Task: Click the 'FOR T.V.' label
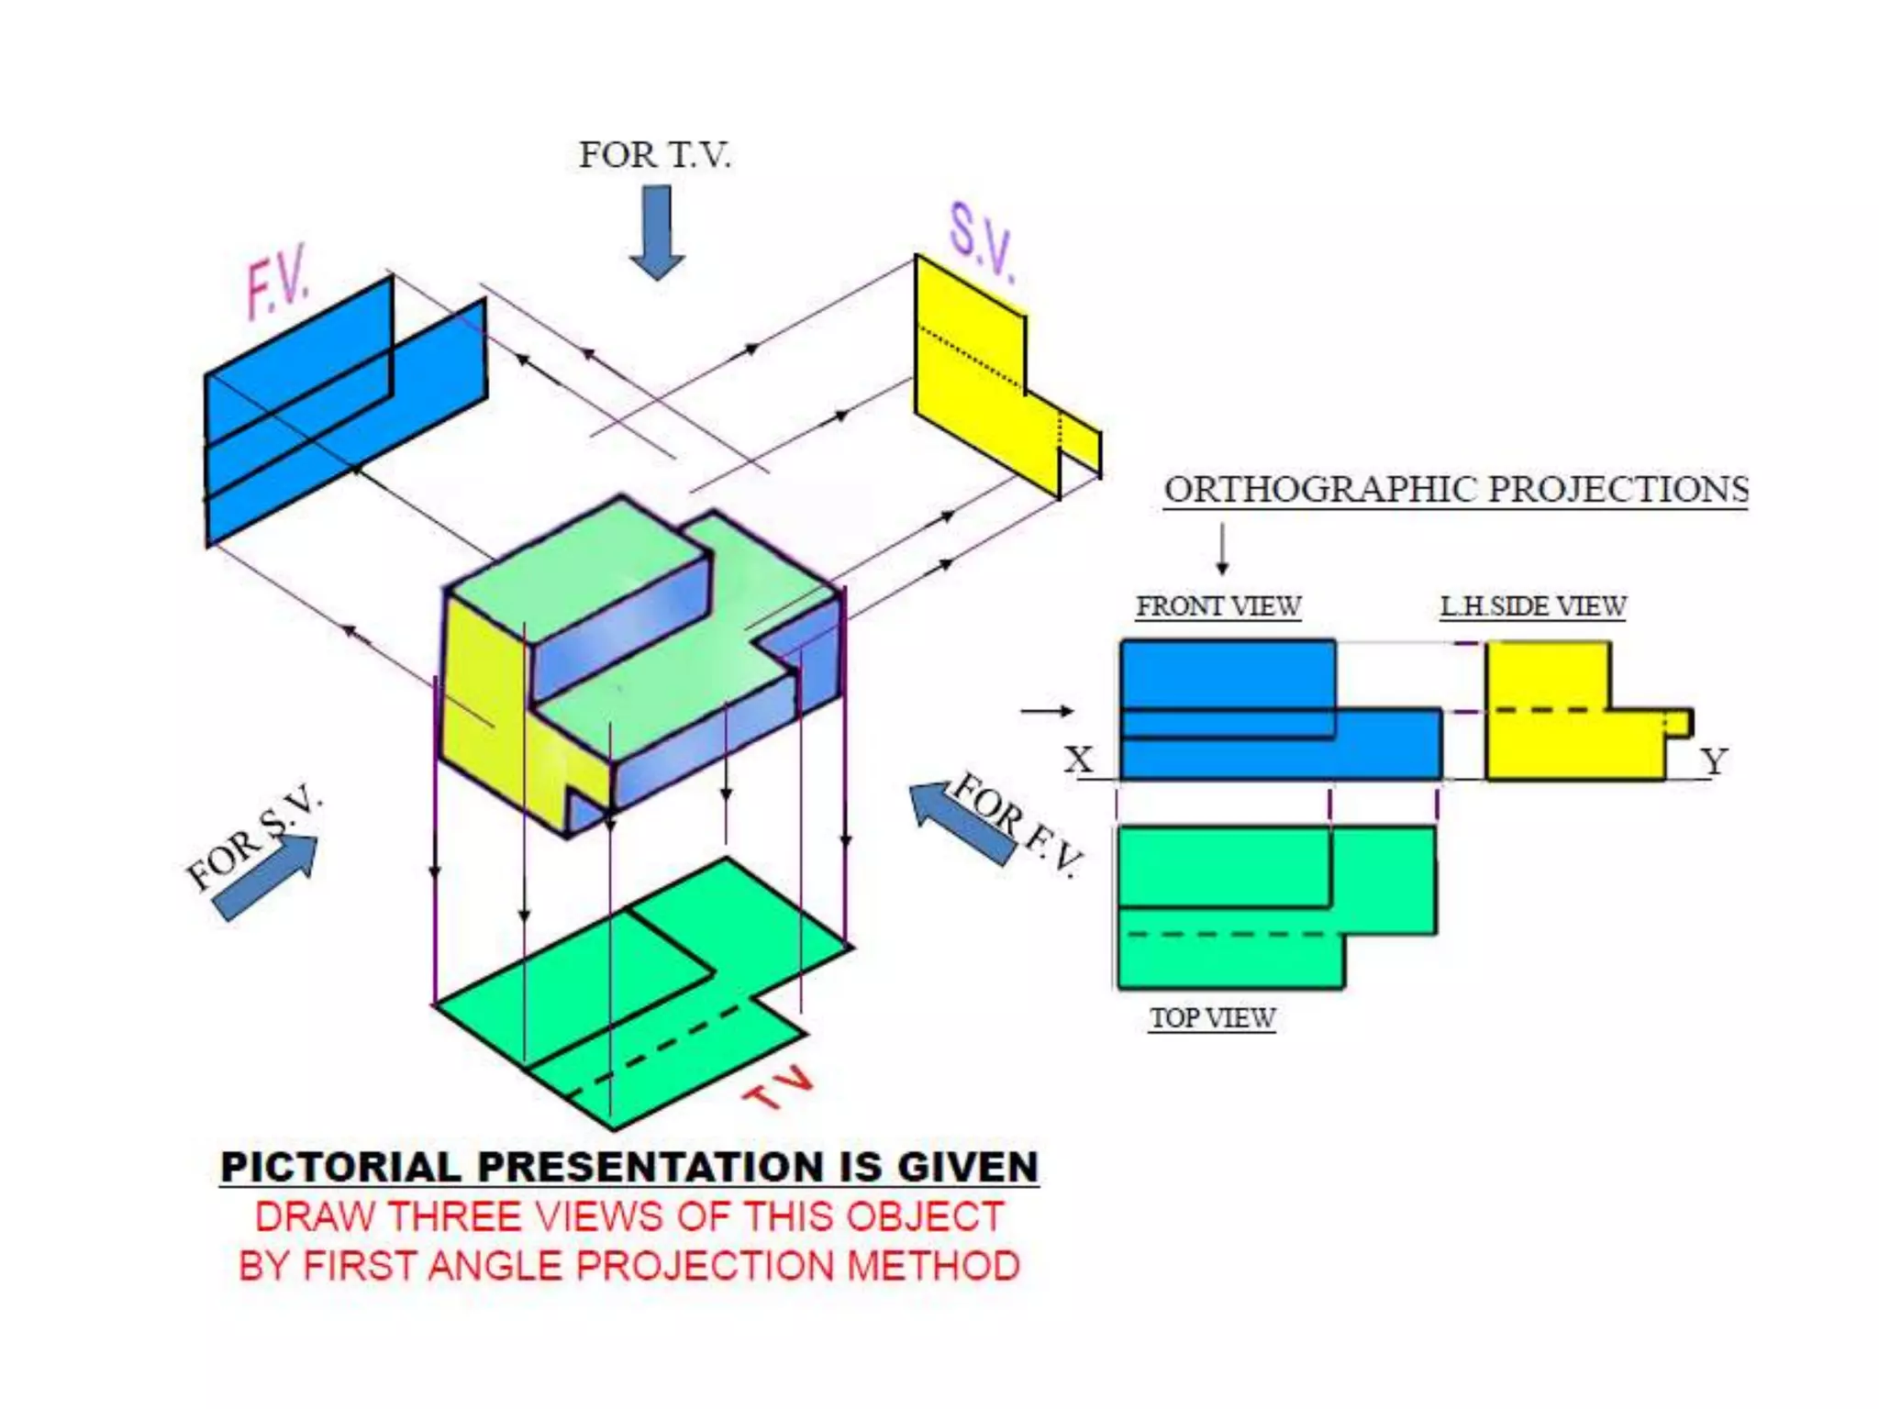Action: pyautogui.click(x=654, y=155)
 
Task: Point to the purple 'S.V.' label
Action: pyautogui.click(x=982, y=243)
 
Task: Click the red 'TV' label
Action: pyautogui.click(x=778, y=1089)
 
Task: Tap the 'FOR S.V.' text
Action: pyautogui.click(x=251, y=838)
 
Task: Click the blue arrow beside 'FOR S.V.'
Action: pyautogui.click(x=267, y=876)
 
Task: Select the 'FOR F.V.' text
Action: pyautogui.click(x=1018, y=825)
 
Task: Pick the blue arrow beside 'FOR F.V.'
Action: pyautogui.click(x=960, y=822)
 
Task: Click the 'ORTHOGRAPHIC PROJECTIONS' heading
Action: pyautogui.click(x=1455, y=490)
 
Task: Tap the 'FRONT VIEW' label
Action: pyautogui.click(x=1218, y=606)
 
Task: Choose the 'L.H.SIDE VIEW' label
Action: pyautogui.click(x=1532, y=606)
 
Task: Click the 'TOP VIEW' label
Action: pyautogui.click(x=1212, y=1018)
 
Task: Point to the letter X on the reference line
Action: pyautogui.click(x=1079, y=760)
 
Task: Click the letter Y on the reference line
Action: pyautogui.click(x=1713, y=761)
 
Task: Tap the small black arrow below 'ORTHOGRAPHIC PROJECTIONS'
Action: pyautogui.click(x=1222, y=549)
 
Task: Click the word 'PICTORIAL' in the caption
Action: pyautogui.click(x=340, y=1168)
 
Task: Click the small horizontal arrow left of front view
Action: pyautogui.click(x=1047, y=711)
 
